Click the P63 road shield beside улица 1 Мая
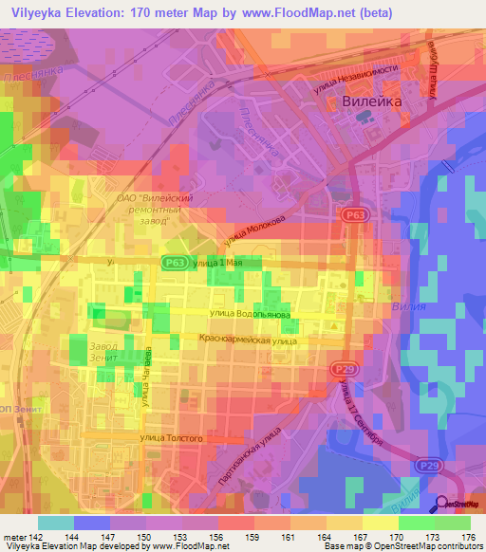tap(172, 263)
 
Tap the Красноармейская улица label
tap(249, 339)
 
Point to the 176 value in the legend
tap(467, 537)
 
